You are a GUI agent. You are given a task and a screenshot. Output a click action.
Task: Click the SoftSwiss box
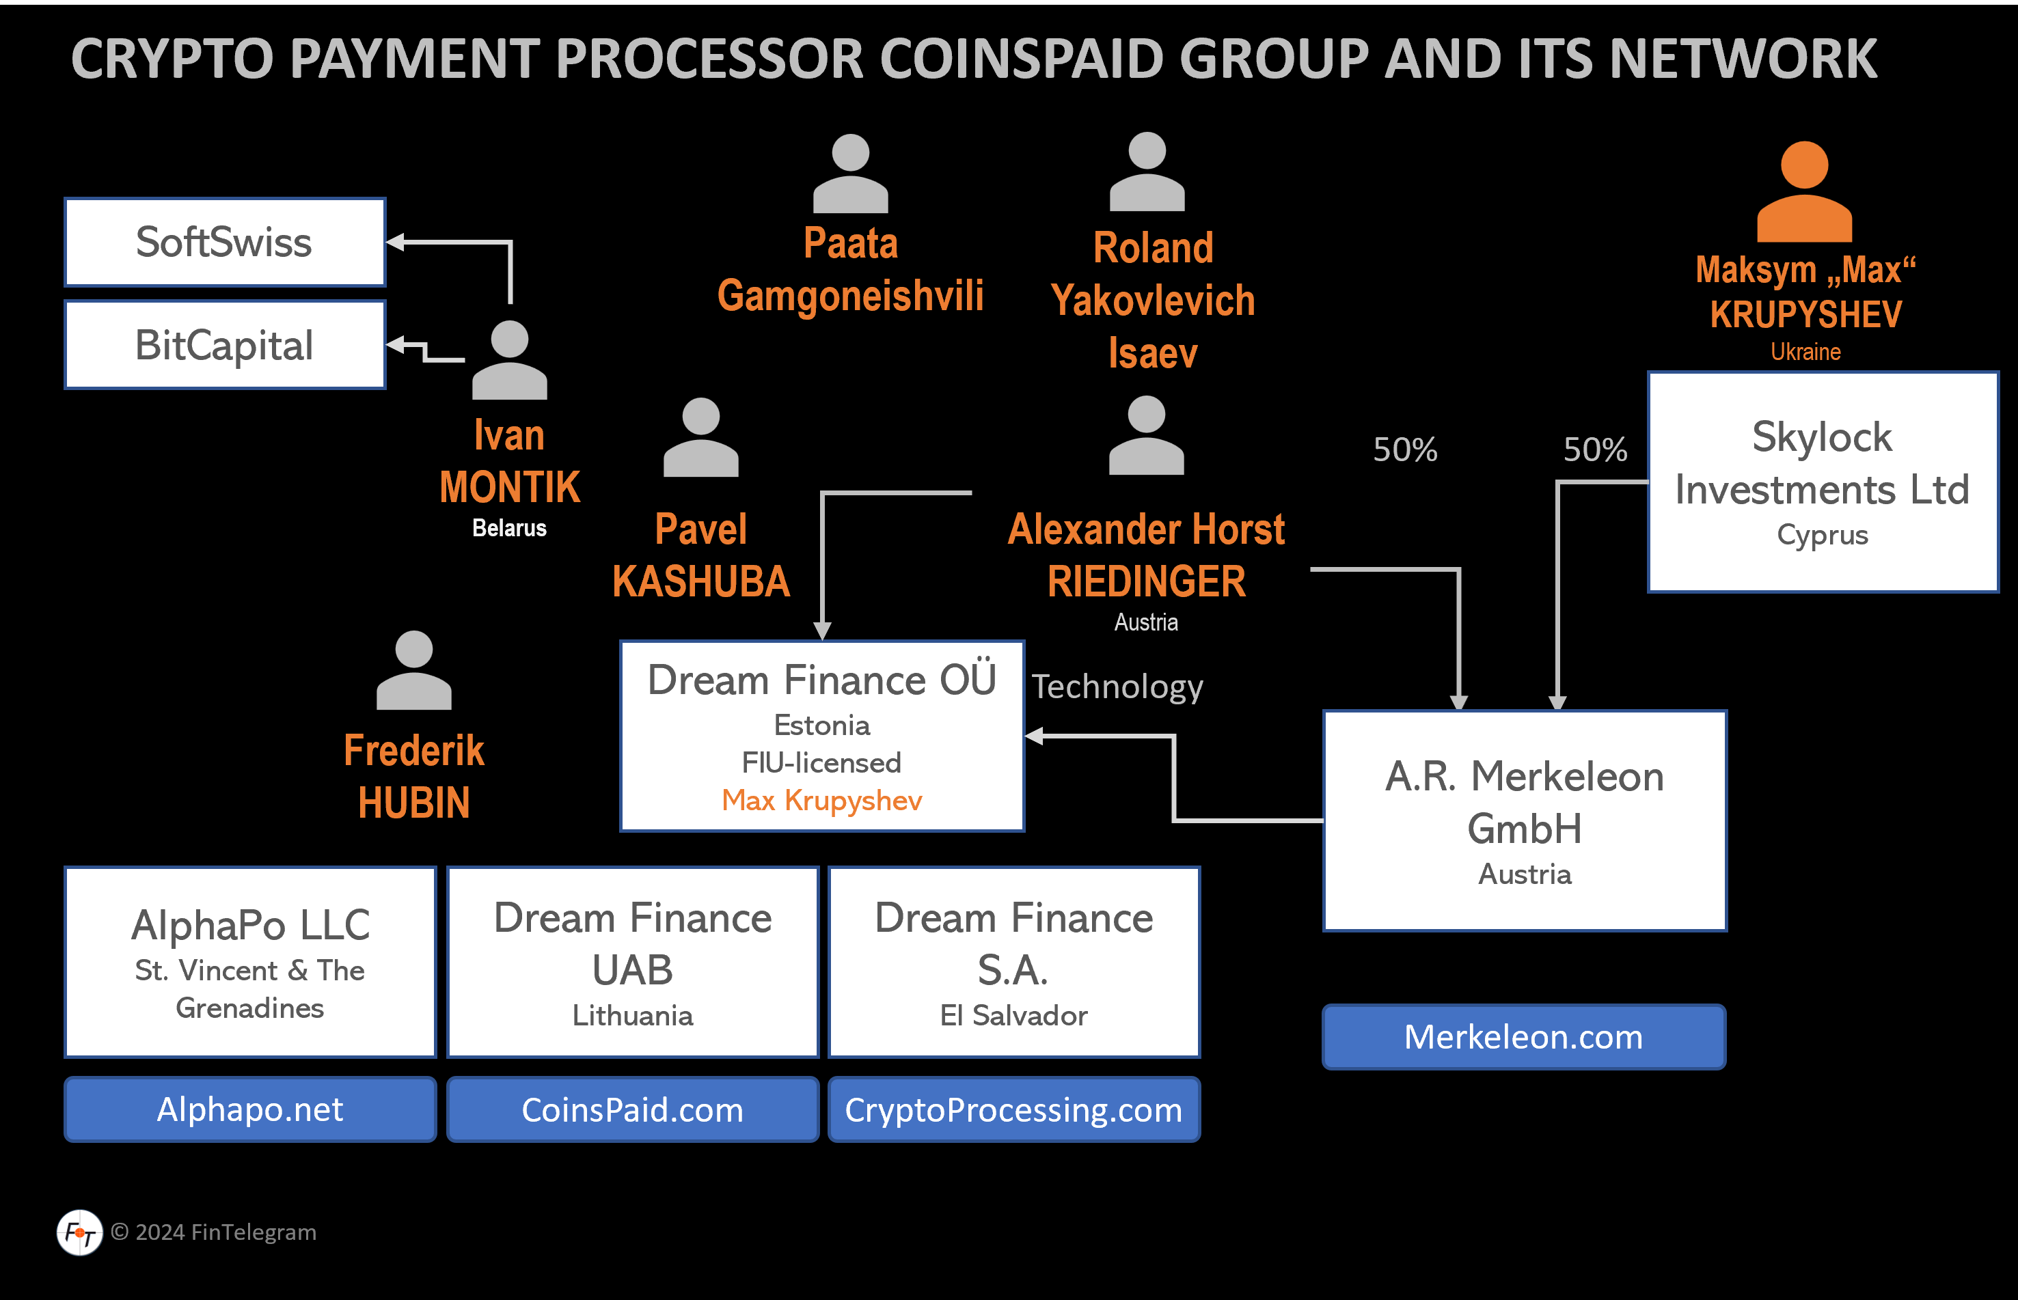coord(225,243)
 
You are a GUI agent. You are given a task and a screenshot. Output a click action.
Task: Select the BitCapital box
coord(225,345)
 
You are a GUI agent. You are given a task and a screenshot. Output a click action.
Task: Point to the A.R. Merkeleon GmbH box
coord(1524,820)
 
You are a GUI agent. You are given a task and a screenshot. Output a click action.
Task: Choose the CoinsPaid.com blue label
coord(632,1109)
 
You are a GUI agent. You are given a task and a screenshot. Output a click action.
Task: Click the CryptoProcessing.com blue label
coord(1013,1109)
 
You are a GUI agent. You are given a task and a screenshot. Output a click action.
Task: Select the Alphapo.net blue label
coord(250,1109)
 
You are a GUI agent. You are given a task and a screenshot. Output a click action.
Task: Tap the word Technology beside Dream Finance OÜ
coord(1117,687)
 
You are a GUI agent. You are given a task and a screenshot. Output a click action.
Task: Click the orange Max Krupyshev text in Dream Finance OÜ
coord(821,800)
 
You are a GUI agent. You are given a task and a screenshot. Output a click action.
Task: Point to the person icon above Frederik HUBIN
coord(413,670)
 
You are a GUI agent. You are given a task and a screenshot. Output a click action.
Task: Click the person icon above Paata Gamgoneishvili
coord(850,174)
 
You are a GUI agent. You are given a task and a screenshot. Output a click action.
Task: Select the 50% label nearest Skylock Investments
coord(1595,450)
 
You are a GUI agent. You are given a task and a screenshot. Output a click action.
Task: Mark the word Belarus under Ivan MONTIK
coord(509,529)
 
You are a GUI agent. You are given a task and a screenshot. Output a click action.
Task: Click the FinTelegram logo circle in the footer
coord(80,1232)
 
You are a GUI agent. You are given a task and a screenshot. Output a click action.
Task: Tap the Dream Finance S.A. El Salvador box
coord(1013,963)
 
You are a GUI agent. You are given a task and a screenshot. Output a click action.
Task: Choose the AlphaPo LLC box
coord(250,963)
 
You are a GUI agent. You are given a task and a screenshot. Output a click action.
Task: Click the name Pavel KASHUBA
coord(701,555)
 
